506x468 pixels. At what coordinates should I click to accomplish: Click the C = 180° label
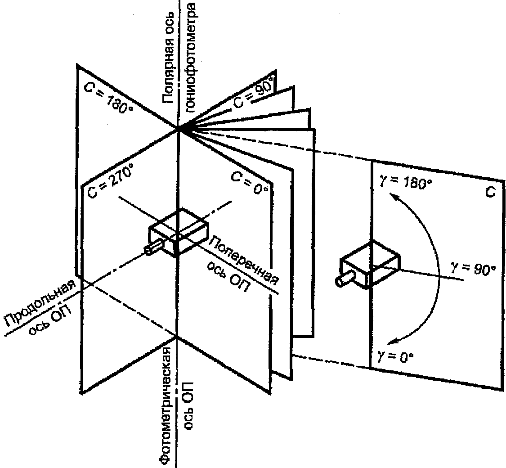pyautogui.click(x=108, y=98)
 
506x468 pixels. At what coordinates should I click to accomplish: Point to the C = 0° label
pyautogui.click(x=250, y=182)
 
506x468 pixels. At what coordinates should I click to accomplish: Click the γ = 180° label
pyautogui.click(x=406, y=182)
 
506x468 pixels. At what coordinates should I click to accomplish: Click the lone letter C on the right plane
pyautogui.click(x=490, y=193)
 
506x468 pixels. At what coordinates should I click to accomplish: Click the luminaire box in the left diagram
pyautogui.click(x=179, y=232)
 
